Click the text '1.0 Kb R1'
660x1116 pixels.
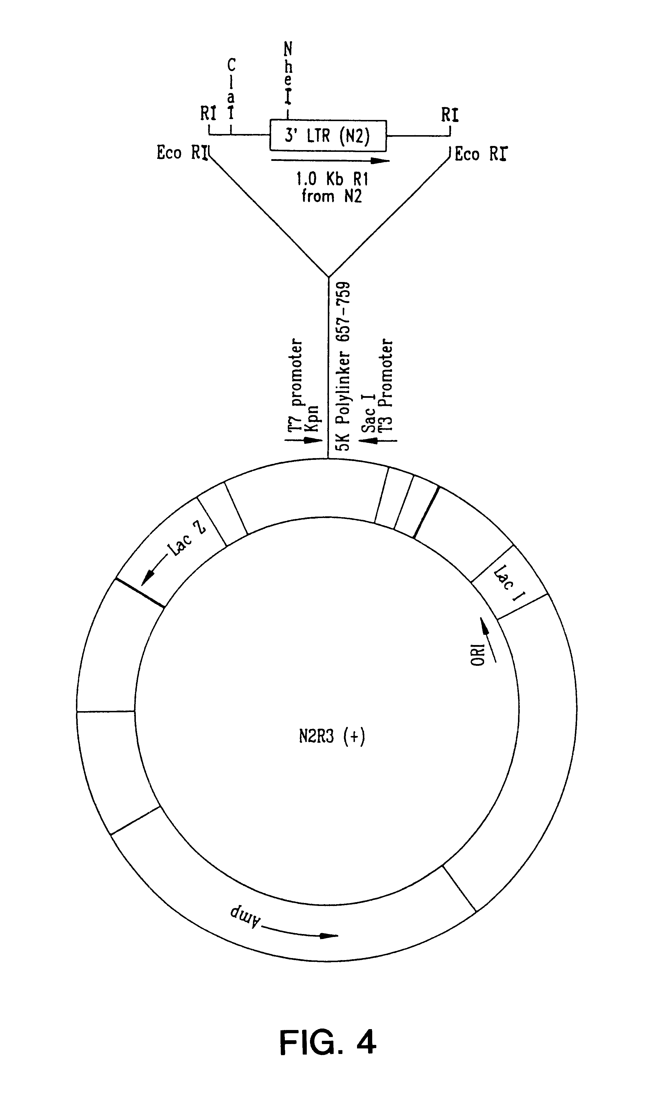332,179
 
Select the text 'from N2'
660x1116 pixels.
332,196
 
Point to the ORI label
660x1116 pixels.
478,654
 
